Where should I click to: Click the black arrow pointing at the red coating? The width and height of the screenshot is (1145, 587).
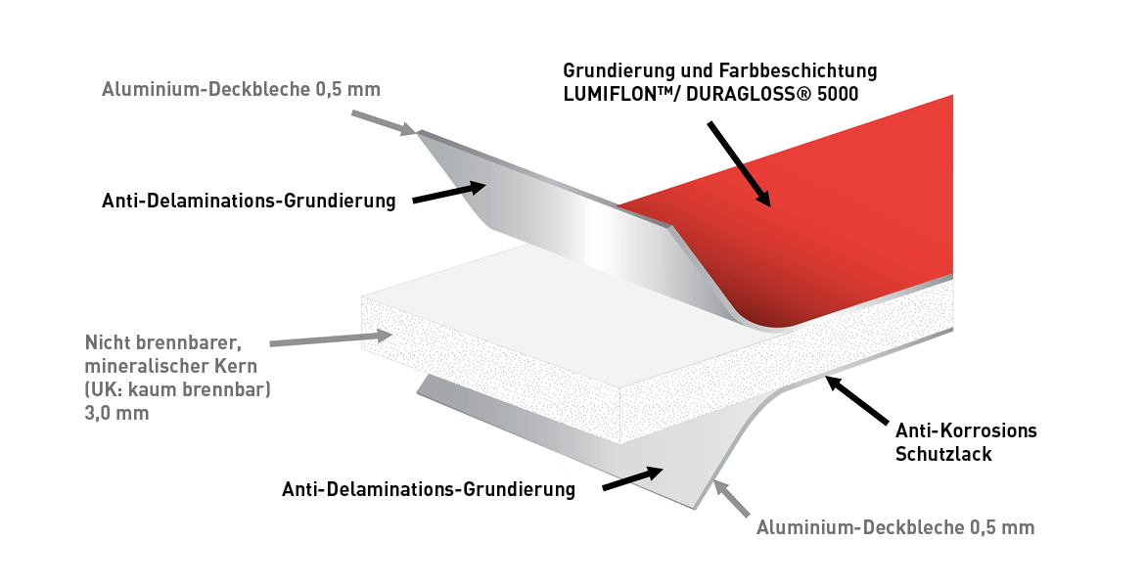(x=739, y=163)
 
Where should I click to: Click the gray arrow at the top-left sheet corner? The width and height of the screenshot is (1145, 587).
(x=384, y=123)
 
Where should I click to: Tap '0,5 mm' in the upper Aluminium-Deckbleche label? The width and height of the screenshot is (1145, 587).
(x=348, y=90)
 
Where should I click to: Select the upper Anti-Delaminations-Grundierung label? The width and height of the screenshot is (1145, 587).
(x=249, y=200)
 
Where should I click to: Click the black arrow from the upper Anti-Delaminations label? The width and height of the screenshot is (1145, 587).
(x=449, y=192)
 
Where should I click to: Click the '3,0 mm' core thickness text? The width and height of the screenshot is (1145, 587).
(x=116, y=413)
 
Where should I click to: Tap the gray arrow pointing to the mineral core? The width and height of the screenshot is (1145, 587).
(x=332, y=339)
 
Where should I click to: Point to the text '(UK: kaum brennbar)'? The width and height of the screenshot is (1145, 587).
(x=177, y=389)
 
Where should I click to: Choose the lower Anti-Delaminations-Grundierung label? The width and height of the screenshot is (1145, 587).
(x=429, y=489)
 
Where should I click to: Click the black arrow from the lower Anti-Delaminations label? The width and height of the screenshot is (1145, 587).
(x=633, y=479)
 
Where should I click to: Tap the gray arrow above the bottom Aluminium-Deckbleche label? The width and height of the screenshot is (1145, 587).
(x=732, y=497)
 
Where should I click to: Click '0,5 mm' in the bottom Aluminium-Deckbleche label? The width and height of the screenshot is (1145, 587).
(x=1002, y=528)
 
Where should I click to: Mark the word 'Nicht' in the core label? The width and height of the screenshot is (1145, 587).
(x=107, y=342)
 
